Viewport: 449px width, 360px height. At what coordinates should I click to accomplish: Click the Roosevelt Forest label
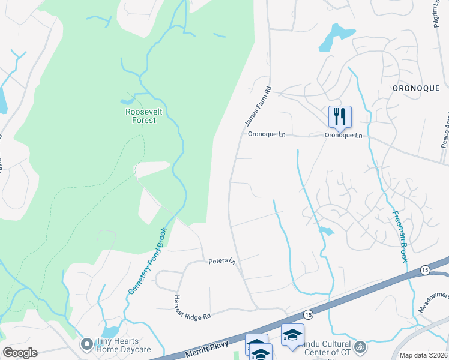coord(140,116)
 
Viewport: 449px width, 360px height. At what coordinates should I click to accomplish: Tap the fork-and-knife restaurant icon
coord(340,116)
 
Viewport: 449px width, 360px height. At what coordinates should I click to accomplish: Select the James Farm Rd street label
coord(259,106)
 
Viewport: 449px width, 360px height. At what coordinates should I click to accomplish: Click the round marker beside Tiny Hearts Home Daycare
coord(87,344)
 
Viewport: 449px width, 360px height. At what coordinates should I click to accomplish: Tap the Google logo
coord(20,353)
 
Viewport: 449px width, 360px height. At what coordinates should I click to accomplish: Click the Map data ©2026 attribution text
coord(423,355)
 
